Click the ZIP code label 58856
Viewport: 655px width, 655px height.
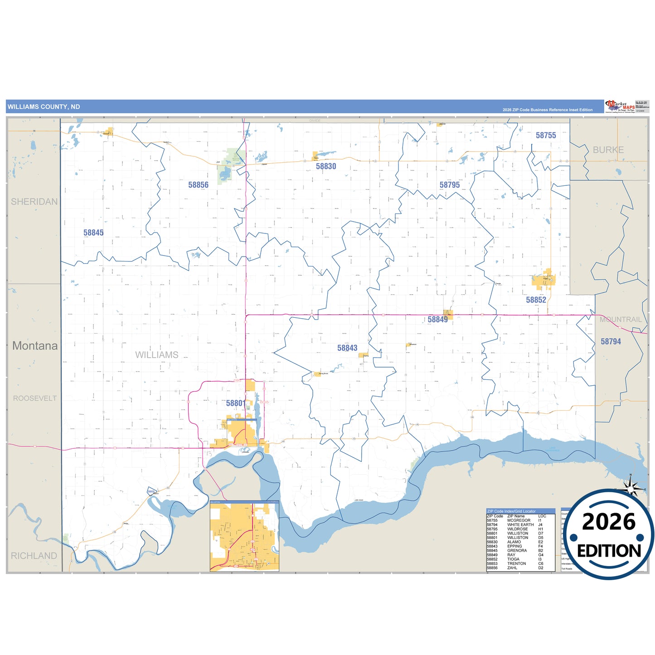pos(198,185)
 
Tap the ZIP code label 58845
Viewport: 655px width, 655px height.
pos(93,233)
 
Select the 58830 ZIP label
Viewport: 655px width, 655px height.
pos(326,166)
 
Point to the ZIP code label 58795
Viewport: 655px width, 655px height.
pos(449,185)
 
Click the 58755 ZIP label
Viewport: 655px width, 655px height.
pos(545,136)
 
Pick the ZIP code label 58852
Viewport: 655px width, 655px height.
pos(536,300)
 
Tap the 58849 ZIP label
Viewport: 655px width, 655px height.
pos(437,320)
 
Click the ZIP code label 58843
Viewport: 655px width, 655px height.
pos(347,348)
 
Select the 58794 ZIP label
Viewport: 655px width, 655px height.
pos(611,342)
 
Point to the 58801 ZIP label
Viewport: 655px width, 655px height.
pos(235,403)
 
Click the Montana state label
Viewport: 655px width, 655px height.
pos(35,346)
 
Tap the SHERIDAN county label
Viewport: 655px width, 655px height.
pos(34,202)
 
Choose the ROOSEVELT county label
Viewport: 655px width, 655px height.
pos(35,398)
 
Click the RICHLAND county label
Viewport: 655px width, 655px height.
pos(34,556)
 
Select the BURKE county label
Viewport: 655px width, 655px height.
pos(608,150)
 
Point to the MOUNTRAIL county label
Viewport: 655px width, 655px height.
pos(621,320)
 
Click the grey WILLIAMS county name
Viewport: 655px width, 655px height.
pos(157,355)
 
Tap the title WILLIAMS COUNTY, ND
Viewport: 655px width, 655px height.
pos(44,107)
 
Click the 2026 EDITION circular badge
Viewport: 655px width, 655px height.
pos(609,535)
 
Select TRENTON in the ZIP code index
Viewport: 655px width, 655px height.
pos(516,563)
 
